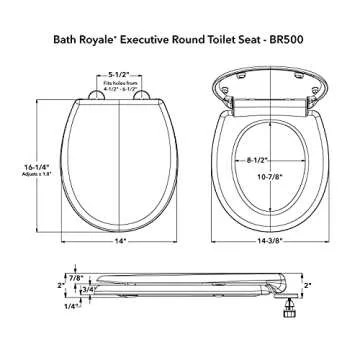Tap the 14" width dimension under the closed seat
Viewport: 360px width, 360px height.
[x=121, y=241]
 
